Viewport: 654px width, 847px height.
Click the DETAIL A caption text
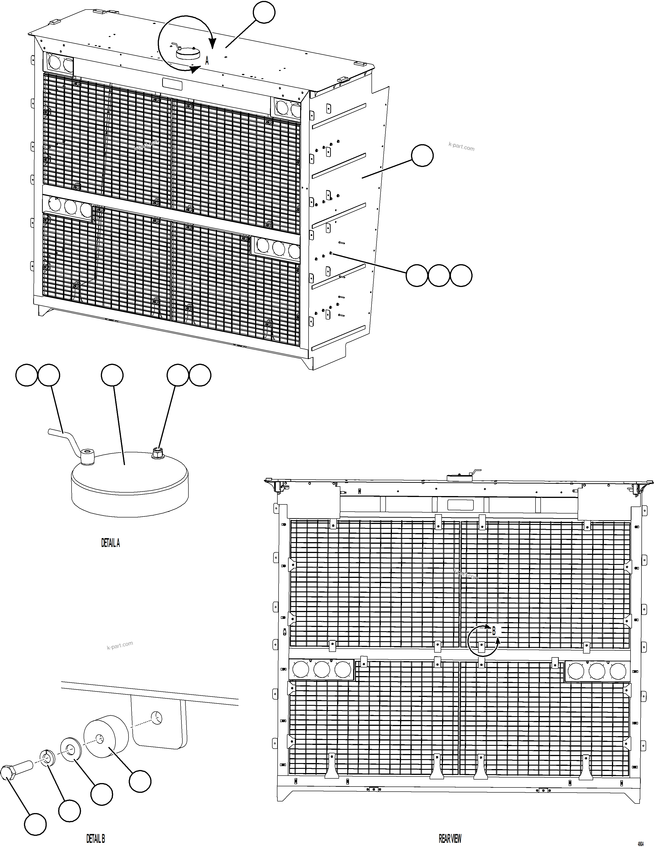(110, 543)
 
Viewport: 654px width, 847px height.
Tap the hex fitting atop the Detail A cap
(158, 452)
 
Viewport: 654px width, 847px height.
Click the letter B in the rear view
(494, 631)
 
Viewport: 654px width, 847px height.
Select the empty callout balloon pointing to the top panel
(264, 12)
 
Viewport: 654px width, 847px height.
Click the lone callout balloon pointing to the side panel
(422, 156)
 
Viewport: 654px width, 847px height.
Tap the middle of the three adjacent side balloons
(439, 276)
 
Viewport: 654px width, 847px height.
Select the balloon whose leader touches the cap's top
(112, 375)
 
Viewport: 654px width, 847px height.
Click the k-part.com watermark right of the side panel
(461, 147)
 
